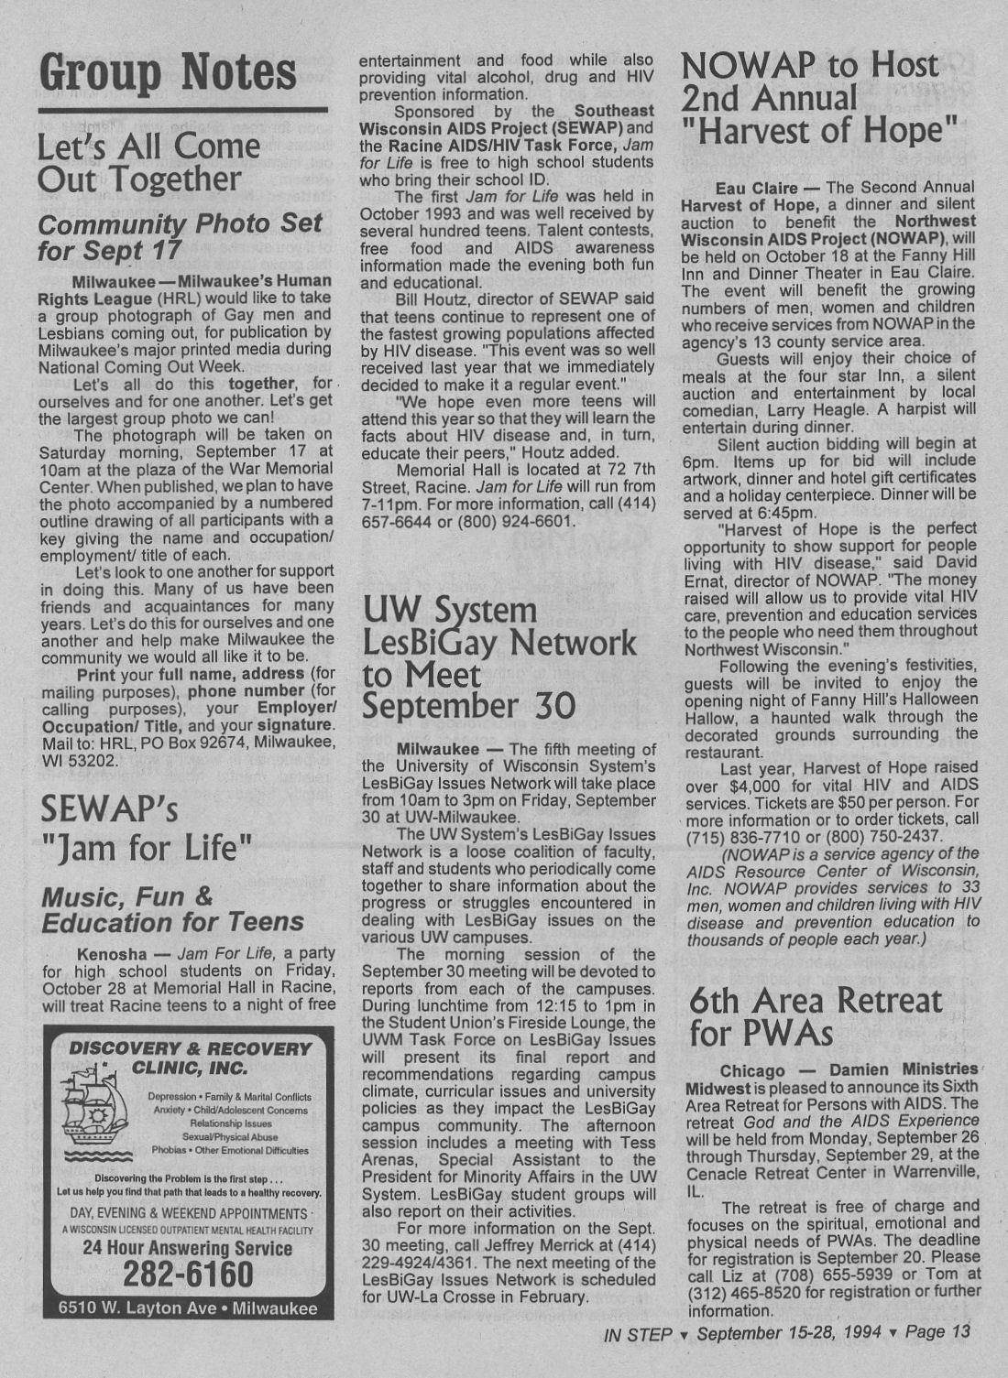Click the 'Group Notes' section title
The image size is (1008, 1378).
click(168, 72)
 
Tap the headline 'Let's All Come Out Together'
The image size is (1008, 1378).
click(148, 162)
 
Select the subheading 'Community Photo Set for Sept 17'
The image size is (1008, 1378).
click(180, 236)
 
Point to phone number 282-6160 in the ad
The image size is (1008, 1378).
click(188, 1273)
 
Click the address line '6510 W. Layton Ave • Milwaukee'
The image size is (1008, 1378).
click(188, 1307)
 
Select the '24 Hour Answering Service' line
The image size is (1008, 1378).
click(188, 1247)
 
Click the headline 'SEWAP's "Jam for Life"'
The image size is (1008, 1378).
click(147, 828)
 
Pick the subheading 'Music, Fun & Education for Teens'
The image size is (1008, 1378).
click(172, 908)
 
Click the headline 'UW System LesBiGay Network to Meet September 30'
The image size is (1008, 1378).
click(499, 657)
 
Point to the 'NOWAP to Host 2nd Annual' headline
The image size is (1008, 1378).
click(811, 81)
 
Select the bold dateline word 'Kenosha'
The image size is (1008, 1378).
click(112, 953)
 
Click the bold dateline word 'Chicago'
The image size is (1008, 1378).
click(751, 1070)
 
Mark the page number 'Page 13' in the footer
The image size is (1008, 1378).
click(937, 1332)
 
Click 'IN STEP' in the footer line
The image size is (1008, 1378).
click(638, 1334)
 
